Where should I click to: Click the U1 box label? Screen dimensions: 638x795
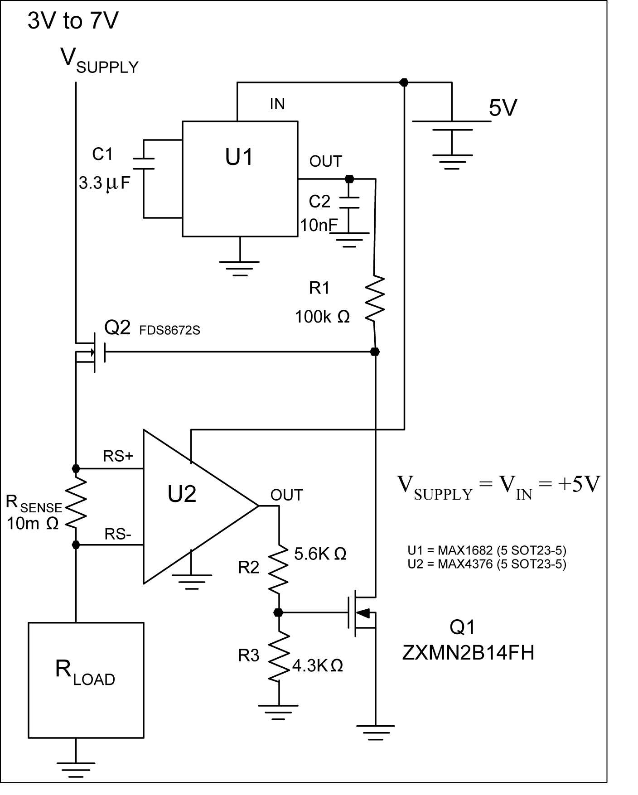[x=239, y=157]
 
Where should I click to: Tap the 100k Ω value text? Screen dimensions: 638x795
[x=322, y=317]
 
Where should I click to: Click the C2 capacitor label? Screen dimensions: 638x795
[x=319, y=201]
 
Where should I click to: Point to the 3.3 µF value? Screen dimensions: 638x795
[x=105, y=183]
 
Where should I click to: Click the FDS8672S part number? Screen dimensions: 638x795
[x=170, y=330]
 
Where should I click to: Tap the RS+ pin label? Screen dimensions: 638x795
[x=118, y=456]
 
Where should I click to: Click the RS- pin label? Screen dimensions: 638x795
[x=118, y=535]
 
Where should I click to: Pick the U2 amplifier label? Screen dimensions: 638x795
[x=182, y=494]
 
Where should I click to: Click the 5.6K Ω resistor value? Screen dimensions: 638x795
[x=320, y=554]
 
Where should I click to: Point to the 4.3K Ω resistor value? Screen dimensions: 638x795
[x=317, y=665]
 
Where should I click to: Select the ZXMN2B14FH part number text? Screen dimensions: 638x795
[x=468, y=653]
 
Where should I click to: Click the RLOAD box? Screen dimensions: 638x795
[x=86, y=680]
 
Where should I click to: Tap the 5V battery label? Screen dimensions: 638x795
[x=503, y=108]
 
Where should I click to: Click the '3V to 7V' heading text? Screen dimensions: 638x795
[x=73, y=21]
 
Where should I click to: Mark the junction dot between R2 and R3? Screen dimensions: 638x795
[x=279, y=612]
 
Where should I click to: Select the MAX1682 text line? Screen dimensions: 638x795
[x=487, y=550]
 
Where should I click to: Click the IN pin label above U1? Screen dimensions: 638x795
[x=277, y=104]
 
